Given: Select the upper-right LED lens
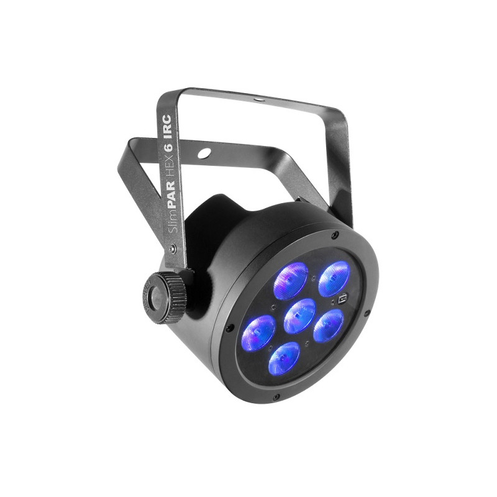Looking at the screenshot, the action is [x=334, y=278].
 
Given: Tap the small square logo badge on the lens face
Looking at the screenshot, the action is [x=343, y=299].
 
